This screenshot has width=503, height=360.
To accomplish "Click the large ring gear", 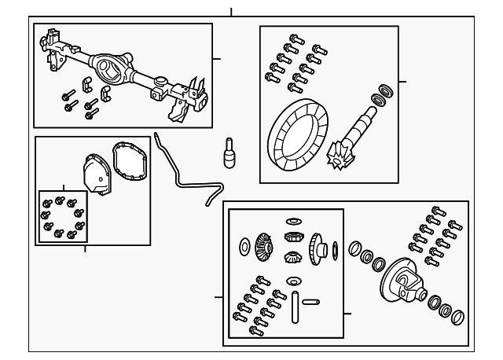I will (298, 138).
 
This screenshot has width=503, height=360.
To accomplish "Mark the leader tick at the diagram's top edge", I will (231, 11).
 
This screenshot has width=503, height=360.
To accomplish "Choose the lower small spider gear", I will (293, 257).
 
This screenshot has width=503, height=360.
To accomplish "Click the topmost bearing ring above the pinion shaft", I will (386, 87).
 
